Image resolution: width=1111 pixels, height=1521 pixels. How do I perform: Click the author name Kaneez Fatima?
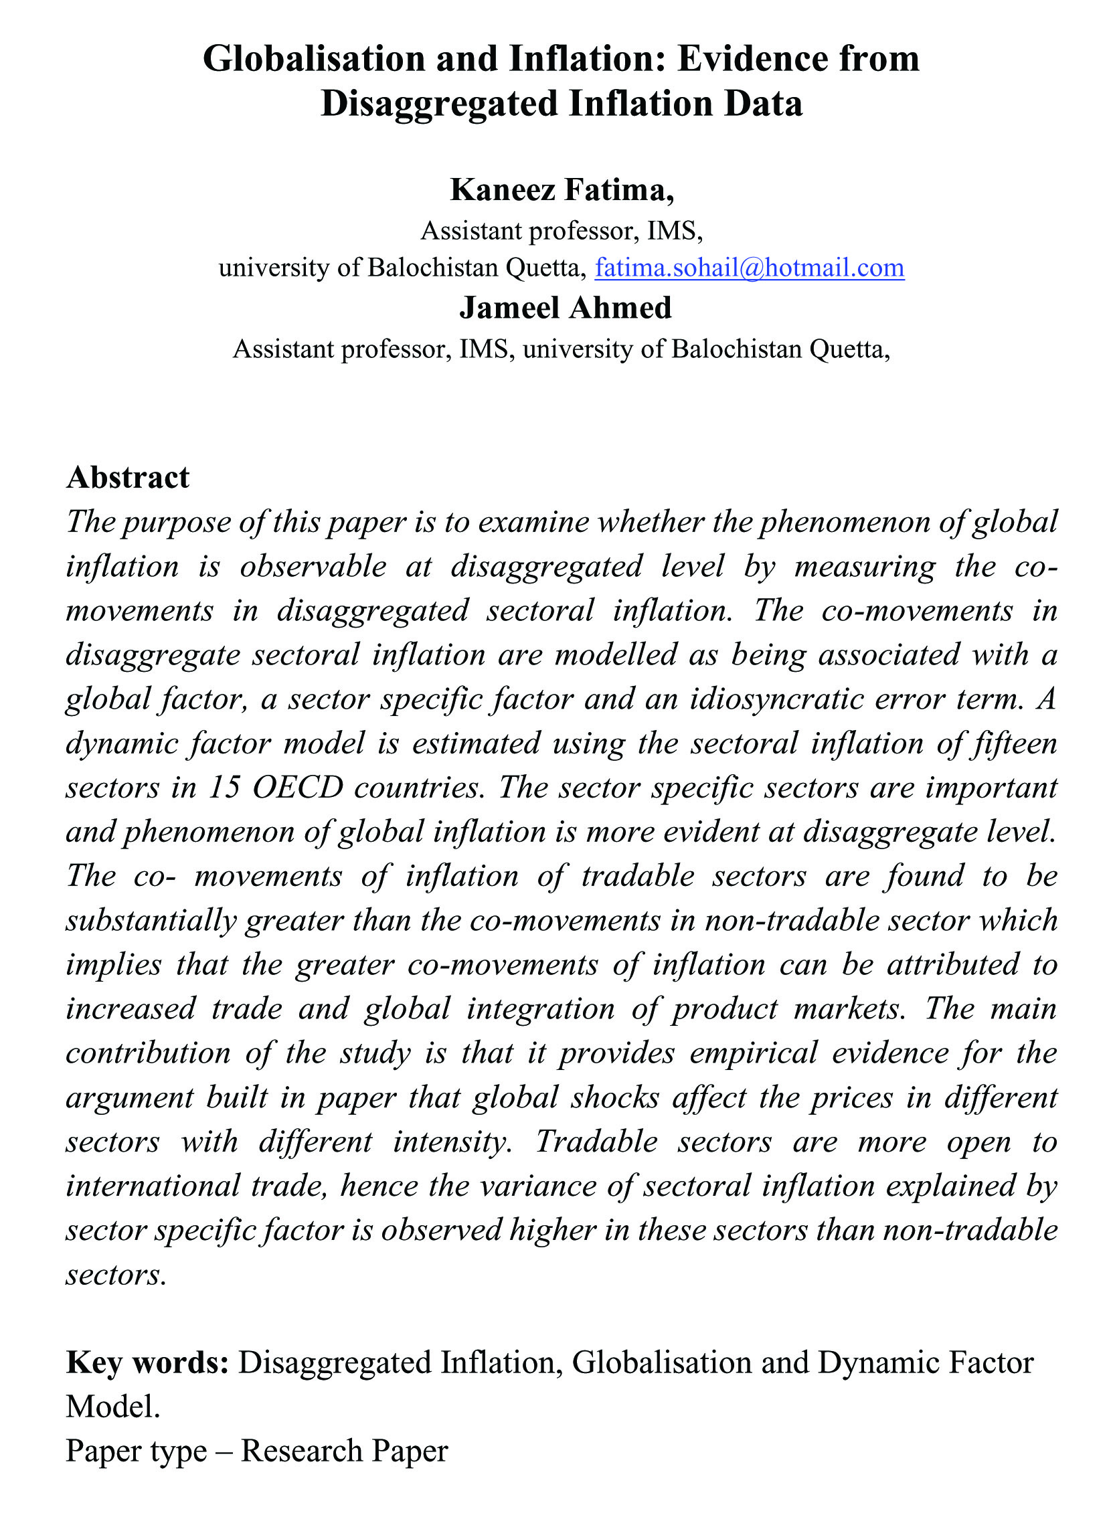tap(561, 190)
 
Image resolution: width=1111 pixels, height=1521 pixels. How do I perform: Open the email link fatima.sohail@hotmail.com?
tap(749, 268)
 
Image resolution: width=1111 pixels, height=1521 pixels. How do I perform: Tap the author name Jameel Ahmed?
tap(565, 308)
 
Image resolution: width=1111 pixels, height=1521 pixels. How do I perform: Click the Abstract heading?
tap(128, 477)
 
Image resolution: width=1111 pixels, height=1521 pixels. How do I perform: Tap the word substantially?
tap(151, 921)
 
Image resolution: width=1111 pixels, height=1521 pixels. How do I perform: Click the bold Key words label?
tap(147, 1363)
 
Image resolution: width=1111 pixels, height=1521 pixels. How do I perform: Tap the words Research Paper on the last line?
tap(343, 1451)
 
